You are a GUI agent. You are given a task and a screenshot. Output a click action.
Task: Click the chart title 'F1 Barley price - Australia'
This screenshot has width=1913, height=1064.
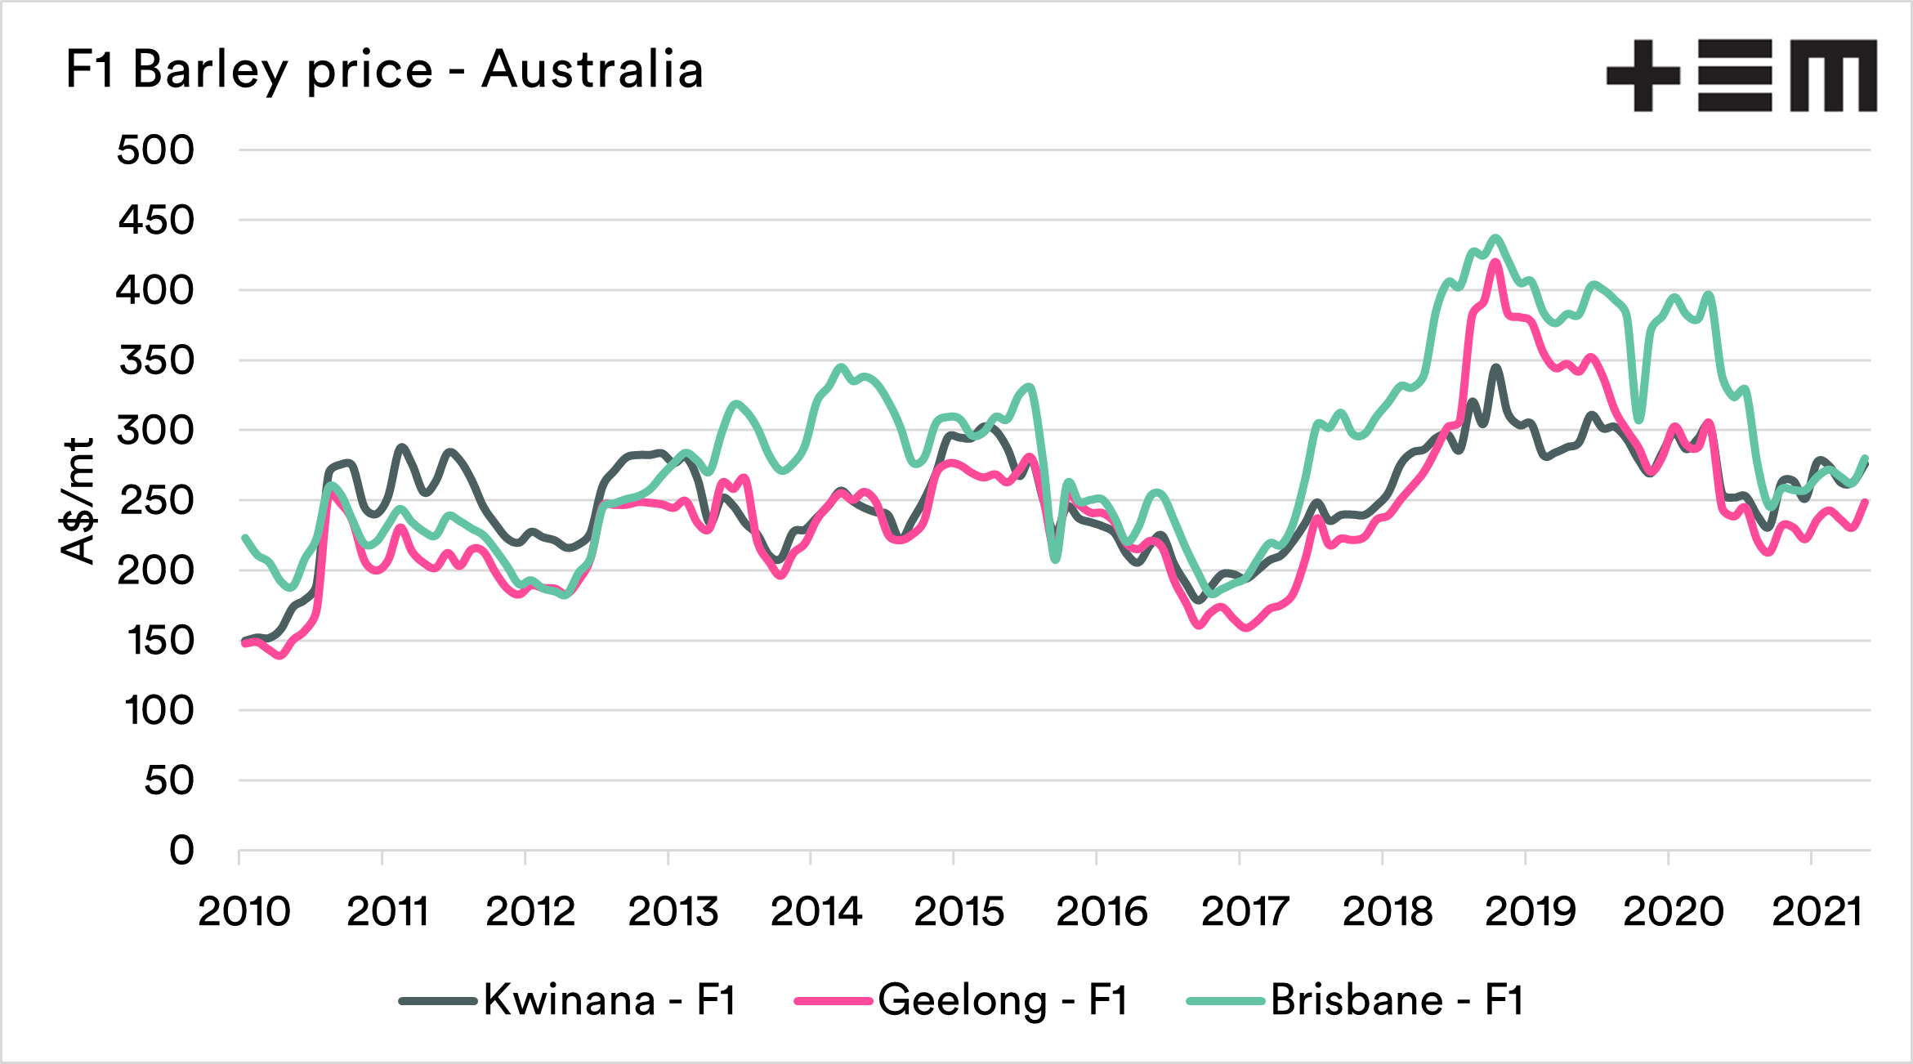tap(384, 70)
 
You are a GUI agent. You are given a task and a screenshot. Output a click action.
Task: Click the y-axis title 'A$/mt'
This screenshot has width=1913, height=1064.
tap(78, 500)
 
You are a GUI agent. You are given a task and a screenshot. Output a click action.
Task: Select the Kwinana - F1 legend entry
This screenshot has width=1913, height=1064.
tap(569, 1000)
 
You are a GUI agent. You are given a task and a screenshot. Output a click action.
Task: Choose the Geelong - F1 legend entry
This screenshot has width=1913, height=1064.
tap(962, 1000)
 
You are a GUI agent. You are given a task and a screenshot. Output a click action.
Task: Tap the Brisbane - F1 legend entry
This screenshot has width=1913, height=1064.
tap(1356, 1000)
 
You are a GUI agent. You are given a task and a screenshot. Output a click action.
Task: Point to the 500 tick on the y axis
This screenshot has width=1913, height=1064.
tap(156, 150)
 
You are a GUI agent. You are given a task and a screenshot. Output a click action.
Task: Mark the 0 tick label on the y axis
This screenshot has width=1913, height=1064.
tap(181, 851)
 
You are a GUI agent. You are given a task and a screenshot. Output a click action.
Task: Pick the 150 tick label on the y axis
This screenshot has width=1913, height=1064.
tap(160, 641)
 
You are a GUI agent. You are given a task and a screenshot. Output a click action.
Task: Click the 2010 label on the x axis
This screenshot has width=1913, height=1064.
tap(244, 911)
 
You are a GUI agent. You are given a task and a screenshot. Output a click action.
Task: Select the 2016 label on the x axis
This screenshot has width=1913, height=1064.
tap(1102, 911)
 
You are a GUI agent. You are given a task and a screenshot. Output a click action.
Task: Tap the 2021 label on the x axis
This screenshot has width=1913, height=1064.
tap(1817, 911)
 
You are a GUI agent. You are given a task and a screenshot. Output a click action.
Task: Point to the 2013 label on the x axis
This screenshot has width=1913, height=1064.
tap(673, 911)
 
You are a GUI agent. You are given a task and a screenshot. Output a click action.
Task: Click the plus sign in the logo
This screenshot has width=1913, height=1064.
tap(1643, 75)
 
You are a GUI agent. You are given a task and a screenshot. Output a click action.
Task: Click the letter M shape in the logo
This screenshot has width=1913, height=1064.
tap(1834, 75)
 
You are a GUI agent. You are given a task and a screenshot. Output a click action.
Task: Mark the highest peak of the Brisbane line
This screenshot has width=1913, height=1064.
tap(1496, 238)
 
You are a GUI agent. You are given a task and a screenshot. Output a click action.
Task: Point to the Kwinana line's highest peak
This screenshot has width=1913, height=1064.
tap(1495, 367)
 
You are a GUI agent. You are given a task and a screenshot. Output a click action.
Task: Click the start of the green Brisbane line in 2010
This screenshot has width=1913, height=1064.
tap(244, 538)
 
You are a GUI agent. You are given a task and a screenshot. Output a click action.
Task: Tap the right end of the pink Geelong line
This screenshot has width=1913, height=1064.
tap(1867, 501)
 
